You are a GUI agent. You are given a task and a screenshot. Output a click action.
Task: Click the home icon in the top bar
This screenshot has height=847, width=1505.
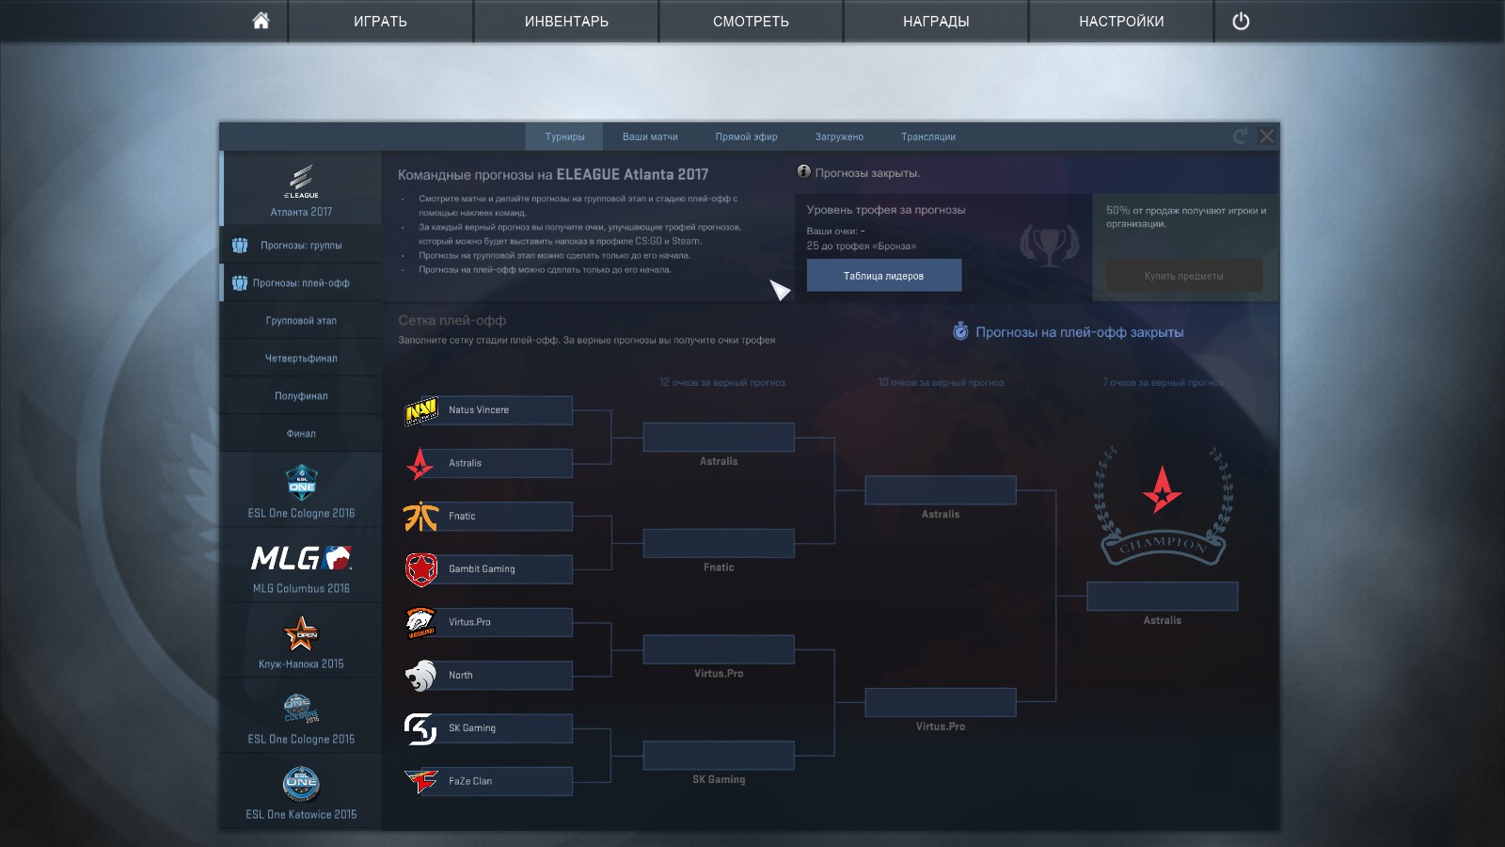(x=261, y=21)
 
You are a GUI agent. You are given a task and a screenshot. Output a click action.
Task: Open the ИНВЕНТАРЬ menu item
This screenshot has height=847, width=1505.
(x=566, y=21)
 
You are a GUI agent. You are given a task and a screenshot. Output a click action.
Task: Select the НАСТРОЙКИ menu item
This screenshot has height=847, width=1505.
(x=1121, y=21)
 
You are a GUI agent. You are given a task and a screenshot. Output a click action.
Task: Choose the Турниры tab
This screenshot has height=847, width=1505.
(x=564, y=136)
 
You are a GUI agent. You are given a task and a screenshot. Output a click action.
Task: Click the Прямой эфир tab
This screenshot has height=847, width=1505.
(x=746, y=136)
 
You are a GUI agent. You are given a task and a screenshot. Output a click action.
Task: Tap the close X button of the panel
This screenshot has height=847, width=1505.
(x=1267, y=136)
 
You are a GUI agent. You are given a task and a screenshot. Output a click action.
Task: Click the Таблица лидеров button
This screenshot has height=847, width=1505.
(x=883, y=276)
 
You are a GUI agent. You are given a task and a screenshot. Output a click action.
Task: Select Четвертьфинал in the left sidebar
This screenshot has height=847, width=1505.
(x=301, y=359)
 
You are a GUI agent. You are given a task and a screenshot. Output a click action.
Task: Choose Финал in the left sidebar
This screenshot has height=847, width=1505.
(x=301, y=434)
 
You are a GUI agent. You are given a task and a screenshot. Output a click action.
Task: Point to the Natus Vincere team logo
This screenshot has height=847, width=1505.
(x=420, y=410)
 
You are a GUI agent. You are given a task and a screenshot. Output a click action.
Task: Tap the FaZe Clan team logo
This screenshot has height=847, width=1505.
(x=420, y=781)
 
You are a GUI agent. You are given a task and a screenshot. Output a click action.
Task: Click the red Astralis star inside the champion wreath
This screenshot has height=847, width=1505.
(x=1163, y=489)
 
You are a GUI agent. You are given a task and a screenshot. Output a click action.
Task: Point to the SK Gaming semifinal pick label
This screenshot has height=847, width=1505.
(x=719, y=779)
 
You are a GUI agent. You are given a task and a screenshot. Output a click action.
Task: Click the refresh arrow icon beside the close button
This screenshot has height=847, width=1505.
(x=1241, y=136)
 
